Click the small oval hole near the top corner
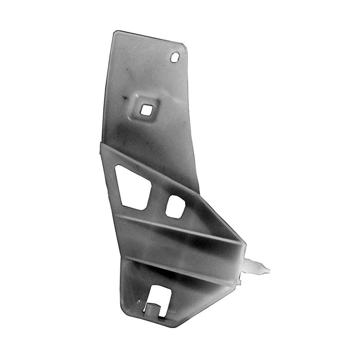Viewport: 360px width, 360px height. [175, 57]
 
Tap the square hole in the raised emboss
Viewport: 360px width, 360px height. [146, 110]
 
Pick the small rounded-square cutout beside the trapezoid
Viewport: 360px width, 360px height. [175, 206]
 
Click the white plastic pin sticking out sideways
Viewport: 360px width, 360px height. [256, 267]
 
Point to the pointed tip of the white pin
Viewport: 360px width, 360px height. [268, 268]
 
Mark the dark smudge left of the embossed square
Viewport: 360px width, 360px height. [124, 97]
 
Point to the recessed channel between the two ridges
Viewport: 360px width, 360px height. [175, 244]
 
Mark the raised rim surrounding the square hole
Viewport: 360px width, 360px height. [138, 109]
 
